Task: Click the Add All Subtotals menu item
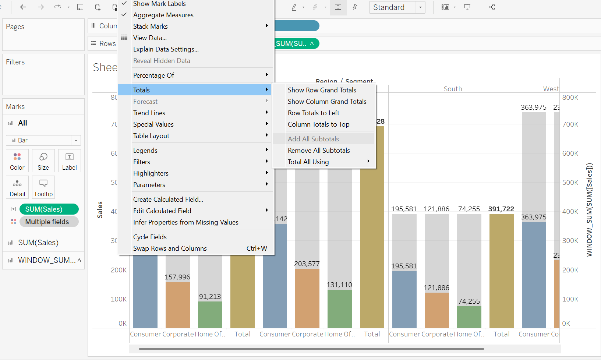313,139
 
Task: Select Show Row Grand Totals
322,90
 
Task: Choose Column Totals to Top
318,124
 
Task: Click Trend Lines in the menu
149,113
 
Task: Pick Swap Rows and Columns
170,248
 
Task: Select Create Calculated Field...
168,200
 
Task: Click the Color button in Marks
17,161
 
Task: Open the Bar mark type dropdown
43,140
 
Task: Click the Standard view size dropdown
397,7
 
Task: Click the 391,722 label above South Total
501,209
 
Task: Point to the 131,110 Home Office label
339,285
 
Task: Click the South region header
453,89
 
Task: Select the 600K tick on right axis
570,153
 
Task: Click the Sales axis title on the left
100,210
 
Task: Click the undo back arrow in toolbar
23,7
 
